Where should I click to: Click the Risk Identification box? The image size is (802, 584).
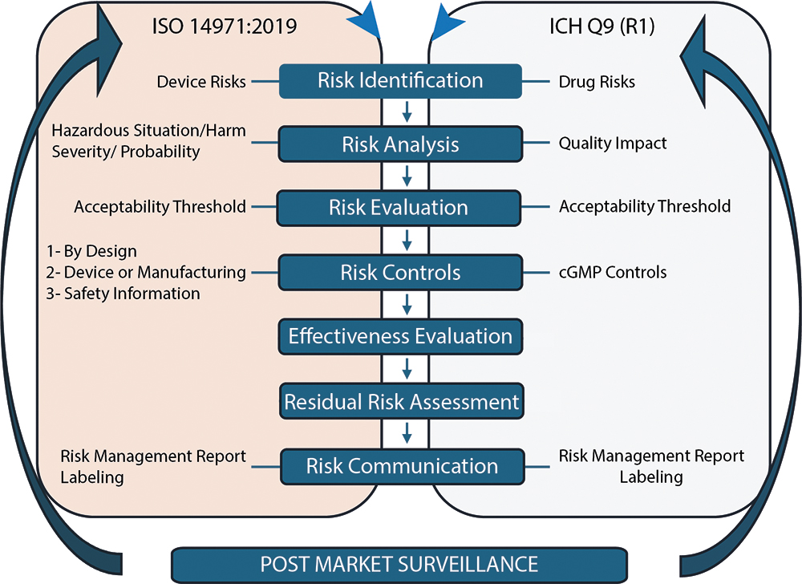click(x=400, y=81)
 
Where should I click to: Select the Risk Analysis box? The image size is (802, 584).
click(x=400, y=144)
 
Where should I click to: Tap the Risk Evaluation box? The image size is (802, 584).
click(x=399, y=208)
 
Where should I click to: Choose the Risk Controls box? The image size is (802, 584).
click(x=400, y=273)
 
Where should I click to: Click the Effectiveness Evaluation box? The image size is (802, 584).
click(x=400, y=336)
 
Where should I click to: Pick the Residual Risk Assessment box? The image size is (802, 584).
click(x=402, y=401)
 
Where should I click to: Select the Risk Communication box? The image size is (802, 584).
click(x=403, y=466)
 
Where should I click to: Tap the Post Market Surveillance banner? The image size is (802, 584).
click(x=399, y=565)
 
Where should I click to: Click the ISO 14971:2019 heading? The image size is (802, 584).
click(x=225, y=26)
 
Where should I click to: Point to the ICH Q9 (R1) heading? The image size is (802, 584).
click(x=602, y=26)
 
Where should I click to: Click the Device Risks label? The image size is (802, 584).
click(x=201, y=82)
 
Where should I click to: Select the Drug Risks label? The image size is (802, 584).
click(x=597, y=82)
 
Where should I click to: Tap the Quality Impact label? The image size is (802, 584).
click(x=613, y=143)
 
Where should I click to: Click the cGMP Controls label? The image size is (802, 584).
click(x=613, y=273)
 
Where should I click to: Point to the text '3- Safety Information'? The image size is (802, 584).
click(x=124, y=294)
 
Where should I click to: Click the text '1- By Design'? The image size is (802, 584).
click(x=91, y=251)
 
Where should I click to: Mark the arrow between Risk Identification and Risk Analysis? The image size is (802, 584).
click(x=407, y=112)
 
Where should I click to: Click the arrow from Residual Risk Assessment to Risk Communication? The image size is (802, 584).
click(x=407, y=432)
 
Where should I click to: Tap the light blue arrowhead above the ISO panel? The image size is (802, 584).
click(x=364, y=19)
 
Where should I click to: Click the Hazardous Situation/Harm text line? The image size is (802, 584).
click(x=149, y=131)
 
